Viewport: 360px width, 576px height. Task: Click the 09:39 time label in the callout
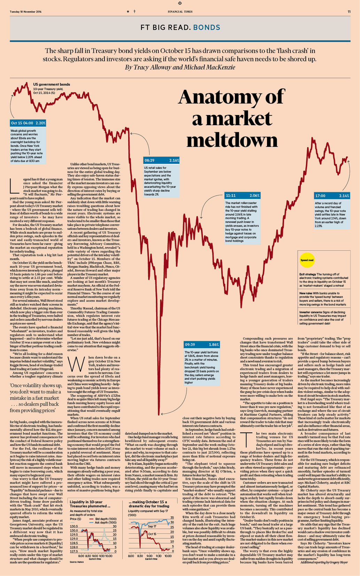click(x=190, y=344)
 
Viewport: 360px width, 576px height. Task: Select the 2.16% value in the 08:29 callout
click(x=174, y=160)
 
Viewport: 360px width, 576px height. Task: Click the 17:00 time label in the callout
click(x=320, y=196)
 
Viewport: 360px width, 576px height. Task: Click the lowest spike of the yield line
click(x=159, y=414)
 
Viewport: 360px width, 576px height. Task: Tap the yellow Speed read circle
click(x=307, y=260)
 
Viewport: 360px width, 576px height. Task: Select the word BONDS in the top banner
click(x=207, y=28)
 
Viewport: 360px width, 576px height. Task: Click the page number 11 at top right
click(x=349, y=12)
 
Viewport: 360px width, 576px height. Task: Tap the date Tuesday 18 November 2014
click(x=25, y=12)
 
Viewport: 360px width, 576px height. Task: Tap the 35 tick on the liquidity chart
click(x=172, y=518)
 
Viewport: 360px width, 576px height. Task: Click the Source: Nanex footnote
click(x=76, y=562)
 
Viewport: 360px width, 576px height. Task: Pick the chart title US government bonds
click(x=52, y=84)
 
